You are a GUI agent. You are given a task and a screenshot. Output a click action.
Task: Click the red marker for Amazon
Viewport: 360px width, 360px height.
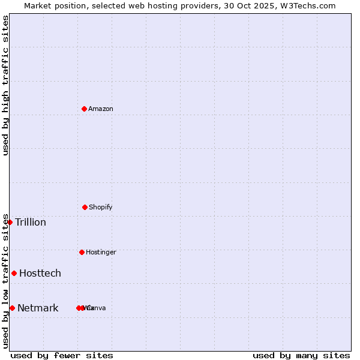(84, 109)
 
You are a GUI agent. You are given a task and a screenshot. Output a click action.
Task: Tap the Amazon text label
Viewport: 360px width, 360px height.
(101, 109)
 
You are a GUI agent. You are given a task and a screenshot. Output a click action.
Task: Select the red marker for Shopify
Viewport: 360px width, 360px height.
(85, 207)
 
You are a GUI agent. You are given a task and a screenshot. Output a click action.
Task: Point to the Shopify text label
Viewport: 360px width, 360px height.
(101, 207)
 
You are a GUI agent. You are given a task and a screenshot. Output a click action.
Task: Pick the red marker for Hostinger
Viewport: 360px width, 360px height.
(82, 252)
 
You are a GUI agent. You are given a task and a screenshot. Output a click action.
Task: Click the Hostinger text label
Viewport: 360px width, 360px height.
(101, 252)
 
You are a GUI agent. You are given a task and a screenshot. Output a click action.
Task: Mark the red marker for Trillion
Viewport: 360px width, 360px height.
(10, 222)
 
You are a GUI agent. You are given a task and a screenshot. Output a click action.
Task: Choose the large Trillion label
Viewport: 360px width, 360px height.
(31, 222)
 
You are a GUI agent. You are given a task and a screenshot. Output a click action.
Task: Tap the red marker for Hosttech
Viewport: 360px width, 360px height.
(14, 273)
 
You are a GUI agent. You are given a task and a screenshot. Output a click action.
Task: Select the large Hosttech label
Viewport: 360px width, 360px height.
(40, 273)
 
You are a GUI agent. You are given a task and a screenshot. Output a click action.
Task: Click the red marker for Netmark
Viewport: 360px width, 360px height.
(12, 308)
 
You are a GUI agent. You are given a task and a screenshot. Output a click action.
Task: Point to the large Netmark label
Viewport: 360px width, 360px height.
(38, 308)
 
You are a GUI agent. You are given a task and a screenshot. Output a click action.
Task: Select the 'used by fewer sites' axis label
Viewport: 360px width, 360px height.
(62, 355)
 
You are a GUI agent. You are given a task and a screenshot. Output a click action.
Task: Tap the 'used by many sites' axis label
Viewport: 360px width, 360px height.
(301, 355)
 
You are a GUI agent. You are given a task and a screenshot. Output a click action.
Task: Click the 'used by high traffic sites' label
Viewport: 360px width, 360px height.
(5, 85)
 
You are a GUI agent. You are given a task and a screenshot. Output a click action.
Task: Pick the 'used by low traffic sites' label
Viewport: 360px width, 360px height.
(5, 281)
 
